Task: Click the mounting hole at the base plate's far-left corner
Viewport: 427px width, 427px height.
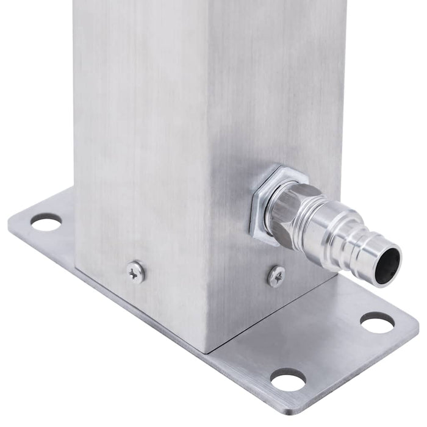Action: (x=46, y=221)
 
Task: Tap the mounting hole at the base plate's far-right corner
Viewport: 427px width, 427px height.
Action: (x=377, y=322)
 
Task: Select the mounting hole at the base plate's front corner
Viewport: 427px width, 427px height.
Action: (x=288, y=381)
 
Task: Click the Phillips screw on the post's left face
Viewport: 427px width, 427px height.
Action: (x=135, y=271)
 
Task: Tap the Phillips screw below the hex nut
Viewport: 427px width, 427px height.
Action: (x=276, y=276)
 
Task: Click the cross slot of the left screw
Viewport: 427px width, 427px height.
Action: (x=135, y=271)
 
